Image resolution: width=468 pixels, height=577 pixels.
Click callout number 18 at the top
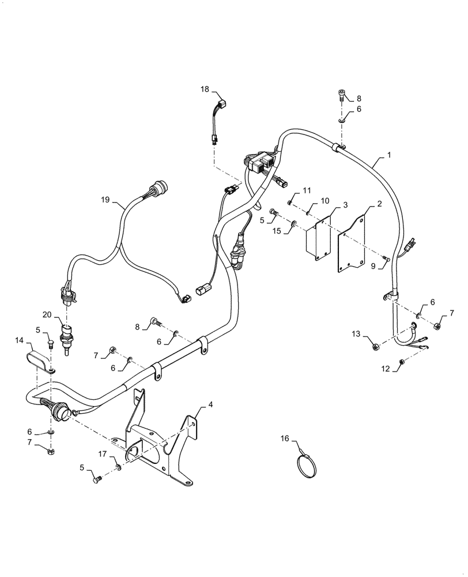(x=205, y=89)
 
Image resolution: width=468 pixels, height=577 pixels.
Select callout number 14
(x=19, y=341)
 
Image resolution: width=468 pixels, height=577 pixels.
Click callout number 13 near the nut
(x=356, y=334)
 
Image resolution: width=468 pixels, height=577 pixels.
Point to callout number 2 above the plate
(x=379, y=204)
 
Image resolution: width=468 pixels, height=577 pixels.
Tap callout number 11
(x=307, y=190)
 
